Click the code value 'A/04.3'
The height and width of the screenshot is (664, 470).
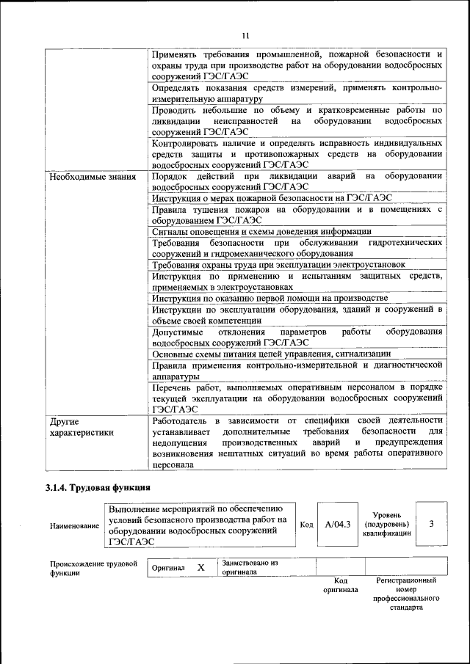tap(338, 525)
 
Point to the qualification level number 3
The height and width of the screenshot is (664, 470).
tap(431, 524)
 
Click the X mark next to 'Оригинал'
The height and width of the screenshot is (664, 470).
tap(200, 568)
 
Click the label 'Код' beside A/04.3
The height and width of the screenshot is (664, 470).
tap(307, 525)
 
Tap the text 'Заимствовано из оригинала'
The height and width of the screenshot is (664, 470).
tap(248, 566)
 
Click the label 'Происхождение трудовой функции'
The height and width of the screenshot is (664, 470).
tap(94, 568)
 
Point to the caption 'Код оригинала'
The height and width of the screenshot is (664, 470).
tap(340, 585)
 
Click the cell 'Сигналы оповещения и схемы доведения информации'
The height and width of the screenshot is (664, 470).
tap(261, 230)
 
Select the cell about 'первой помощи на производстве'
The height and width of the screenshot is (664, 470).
tap(270, 298)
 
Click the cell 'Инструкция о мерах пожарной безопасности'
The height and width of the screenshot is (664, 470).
tap(272, 197)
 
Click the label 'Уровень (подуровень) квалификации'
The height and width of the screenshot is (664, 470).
tap(386, 525)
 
